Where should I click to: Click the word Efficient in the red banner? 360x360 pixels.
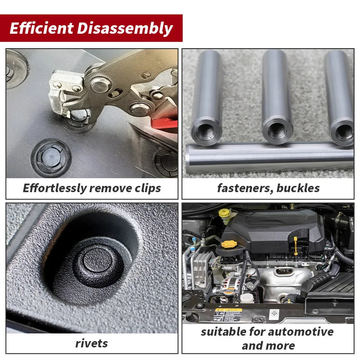[x=41, y=28]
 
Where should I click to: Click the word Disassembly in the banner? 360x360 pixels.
[x=125, y=29]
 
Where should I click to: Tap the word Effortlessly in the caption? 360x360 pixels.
[x=54, y=189]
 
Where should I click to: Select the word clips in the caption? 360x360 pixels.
[x=148, y=189]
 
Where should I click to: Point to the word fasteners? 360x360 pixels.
[x=245, y=188]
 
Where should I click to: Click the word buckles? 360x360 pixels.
[x=298, y=188]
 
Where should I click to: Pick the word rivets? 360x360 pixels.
[x=92, y=344]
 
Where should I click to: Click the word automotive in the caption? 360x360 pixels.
[x=301, y=332]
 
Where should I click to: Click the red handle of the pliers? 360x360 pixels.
[x=164, y=124]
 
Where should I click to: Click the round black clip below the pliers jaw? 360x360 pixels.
[x=51, y=157]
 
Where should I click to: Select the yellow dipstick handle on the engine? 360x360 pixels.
[x=296, y=246]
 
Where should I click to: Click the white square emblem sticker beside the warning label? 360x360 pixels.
[x=274, y=314]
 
